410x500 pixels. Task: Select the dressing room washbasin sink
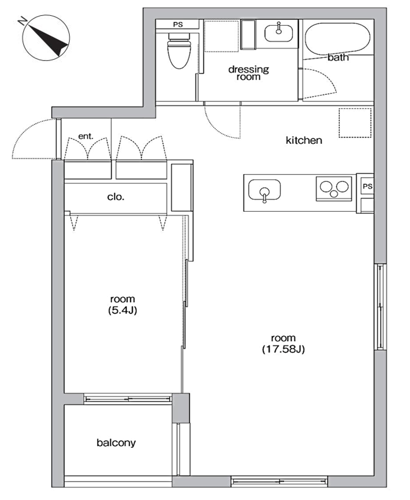[279, 33]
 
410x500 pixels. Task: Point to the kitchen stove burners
[334, 189]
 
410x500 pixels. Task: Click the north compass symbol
[46, 37]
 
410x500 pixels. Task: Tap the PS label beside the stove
[367, 186]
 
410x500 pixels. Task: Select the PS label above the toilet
[178, 24]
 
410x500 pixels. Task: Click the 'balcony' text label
[116, 443]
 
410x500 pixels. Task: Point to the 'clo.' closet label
[115, 197]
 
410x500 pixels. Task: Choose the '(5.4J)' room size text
[122, 310]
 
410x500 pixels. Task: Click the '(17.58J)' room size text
[284, 349]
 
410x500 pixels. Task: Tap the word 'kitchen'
[304, 140]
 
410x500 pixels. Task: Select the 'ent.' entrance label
[86, 136]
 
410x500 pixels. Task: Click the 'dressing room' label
[249, 73]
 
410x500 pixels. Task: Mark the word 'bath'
[338, 57]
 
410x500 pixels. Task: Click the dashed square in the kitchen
[355, 123]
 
